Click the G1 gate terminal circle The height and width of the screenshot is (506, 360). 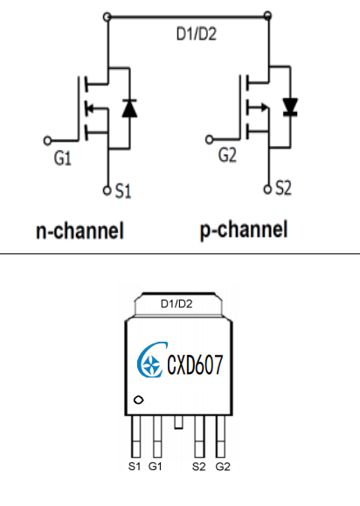click(x=47, y=141)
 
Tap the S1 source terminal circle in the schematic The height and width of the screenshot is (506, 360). click(x=107, y=191)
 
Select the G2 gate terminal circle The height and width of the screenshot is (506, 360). click(x=210, y=140)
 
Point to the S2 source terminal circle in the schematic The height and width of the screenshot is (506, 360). click(x=267, y=189)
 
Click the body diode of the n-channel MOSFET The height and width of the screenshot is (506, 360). click(x=129, y=108)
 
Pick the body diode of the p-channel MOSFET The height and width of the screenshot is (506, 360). click(x=290, y=107)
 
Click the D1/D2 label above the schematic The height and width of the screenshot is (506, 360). click(x=197, y=34)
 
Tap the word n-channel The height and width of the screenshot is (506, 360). click(x=80, y=231)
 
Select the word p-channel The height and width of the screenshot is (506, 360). click(x=244, y=230)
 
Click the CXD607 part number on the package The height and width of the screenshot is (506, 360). click(x=195, y=364)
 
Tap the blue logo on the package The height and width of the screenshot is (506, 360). click(x=151, y=360)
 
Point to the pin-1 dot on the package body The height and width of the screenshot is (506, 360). click(x=138, y=400)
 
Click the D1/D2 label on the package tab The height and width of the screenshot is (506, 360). click(x=177, y=303)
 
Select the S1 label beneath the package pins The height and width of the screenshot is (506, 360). click(x=135, y=467)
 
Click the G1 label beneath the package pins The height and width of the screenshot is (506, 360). click(x=156, y=467)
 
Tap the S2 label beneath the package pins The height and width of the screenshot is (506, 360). click(x=198, y=467)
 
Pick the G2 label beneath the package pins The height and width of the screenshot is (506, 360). click(x=223, y=467)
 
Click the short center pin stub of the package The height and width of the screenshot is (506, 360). click(x=178, y=422)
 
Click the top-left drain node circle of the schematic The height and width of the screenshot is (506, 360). click(x=107, y=17)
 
